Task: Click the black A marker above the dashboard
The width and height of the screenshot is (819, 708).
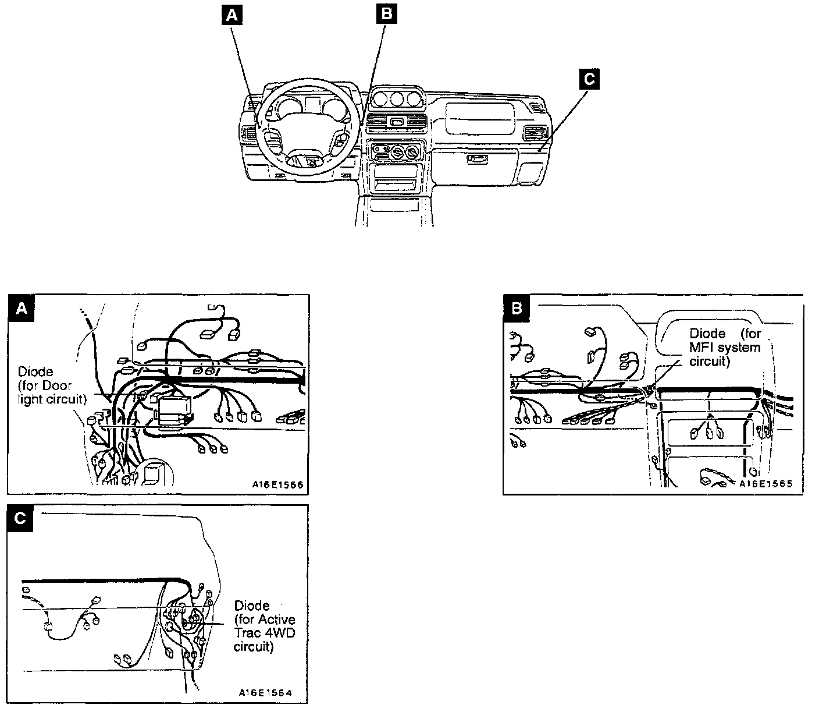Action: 233,16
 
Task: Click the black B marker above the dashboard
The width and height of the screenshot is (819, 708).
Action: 386,14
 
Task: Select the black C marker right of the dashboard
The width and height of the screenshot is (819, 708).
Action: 589,79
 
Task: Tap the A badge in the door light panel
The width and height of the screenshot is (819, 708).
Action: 22,308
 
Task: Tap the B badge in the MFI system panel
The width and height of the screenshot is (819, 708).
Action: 517,308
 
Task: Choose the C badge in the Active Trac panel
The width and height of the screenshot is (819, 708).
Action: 20,518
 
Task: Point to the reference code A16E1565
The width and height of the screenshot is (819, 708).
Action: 766,483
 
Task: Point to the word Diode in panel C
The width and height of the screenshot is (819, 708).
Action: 251,606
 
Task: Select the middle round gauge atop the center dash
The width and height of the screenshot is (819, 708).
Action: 397,98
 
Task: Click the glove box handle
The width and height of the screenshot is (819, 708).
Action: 476,158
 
